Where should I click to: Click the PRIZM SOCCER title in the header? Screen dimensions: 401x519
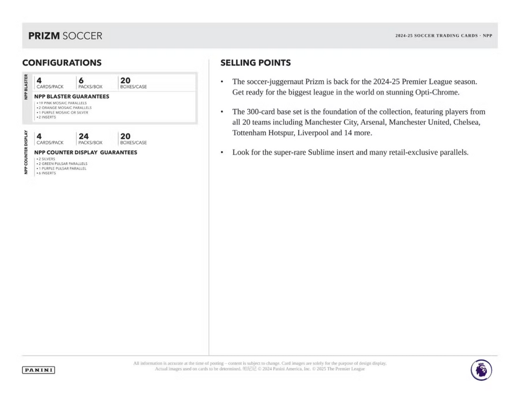point(65,36)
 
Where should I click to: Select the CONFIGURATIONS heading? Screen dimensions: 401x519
point(62,63)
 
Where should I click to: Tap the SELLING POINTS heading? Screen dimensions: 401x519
point(255,63)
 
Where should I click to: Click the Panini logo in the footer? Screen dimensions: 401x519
point(38,370)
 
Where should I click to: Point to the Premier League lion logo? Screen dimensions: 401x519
point(481,369)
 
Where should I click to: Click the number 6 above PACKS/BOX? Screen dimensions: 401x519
point(81,81)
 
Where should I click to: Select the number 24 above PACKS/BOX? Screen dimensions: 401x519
point(84,136)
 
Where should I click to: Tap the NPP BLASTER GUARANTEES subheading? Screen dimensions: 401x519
point(71,96)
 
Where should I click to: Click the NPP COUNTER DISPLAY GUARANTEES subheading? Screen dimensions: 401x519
point(85,152)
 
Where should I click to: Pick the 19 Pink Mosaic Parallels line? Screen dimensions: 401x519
point(62,103)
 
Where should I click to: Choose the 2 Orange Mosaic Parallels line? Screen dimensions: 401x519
point(64,108)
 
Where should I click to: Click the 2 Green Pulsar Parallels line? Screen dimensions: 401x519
point(63,164)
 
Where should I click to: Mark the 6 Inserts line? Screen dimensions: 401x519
point(46,173)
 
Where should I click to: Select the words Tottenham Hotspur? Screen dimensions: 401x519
point(263,133)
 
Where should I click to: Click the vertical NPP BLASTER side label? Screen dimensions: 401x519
point(26,87)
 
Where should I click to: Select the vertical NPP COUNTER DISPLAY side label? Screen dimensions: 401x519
point(26,151)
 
